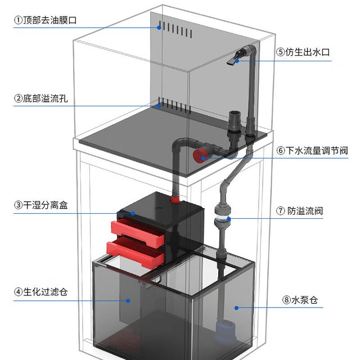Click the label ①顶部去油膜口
tap(45, 20)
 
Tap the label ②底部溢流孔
tap(41, 98)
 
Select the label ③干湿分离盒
tap(41, 205)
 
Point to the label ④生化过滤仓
tap(41, 292)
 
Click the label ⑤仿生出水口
tap(303, 52)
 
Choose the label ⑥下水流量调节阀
tap(312, 151)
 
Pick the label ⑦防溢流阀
tap(299, 211)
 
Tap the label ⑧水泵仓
tap(300, 300)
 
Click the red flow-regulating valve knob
tap(199, 155)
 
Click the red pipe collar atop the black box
tap(175, 199)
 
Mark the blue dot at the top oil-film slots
tap(159, 28)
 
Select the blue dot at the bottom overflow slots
tap(159, 106)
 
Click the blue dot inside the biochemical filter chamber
tap(128, 301)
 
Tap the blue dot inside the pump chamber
tap(236, 308)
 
